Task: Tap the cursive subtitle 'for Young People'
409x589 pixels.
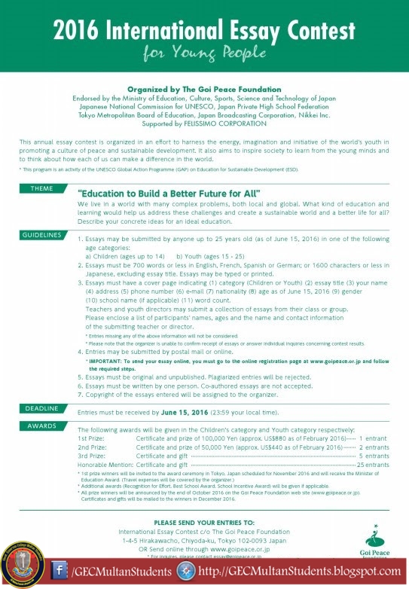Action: (x=204, y=55)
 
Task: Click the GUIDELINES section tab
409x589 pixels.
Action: (x=41, y=236)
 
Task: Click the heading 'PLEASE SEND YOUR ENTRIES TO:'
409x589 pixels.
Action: (x=203, y=521)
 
